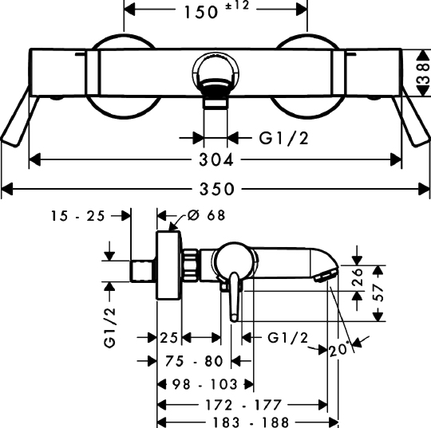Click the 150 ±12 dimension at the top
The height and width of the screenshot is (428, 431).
216,11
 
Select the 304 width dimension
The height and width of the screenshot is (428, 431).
216,159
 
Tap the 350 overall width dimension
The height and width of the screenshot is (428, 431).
217,189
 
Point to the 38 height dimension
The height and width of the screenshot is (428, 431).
424,73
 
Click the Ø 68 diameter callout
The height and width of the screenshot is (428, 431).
206,215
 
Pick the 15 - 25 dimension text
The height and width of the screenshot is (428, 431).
77,216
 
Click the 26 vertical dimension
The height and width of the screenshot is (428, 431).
358,277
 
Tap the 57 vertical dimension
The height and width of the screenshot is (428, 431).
379,293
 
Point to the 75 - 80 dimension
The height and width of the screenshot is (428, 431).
194,361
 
